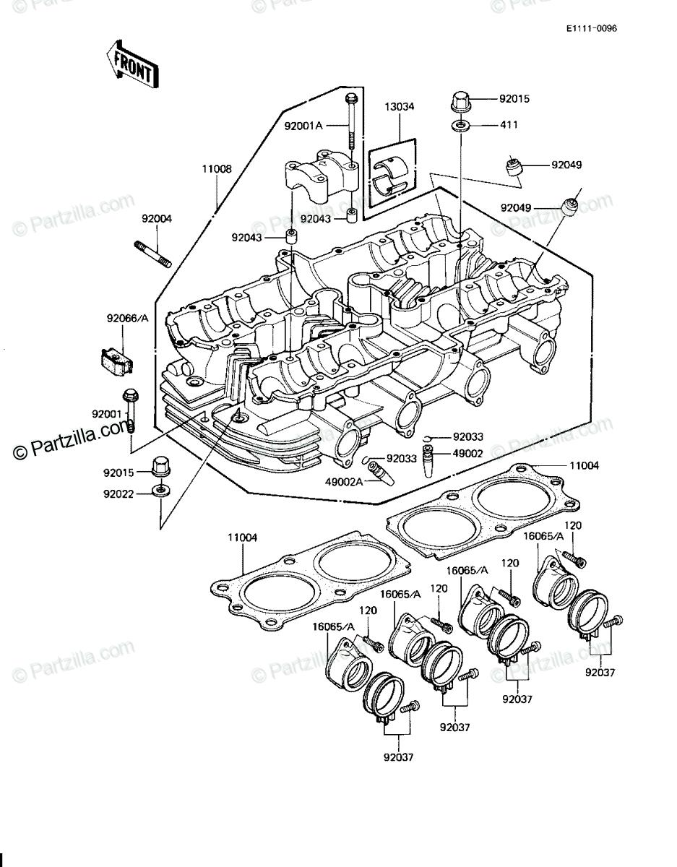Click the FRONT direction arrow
(x=132, y=64)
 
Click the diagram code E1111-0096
(x=592, y=29)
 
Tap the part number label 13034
(x=400, y=106)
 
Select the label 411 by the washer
(x=509, y=125)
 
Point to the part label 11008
(x=217, y=169)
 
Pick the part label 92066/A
(x=128, y=319)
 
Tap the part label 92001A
(x=303, y=126)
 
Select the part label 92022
(x=118, y=494)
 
